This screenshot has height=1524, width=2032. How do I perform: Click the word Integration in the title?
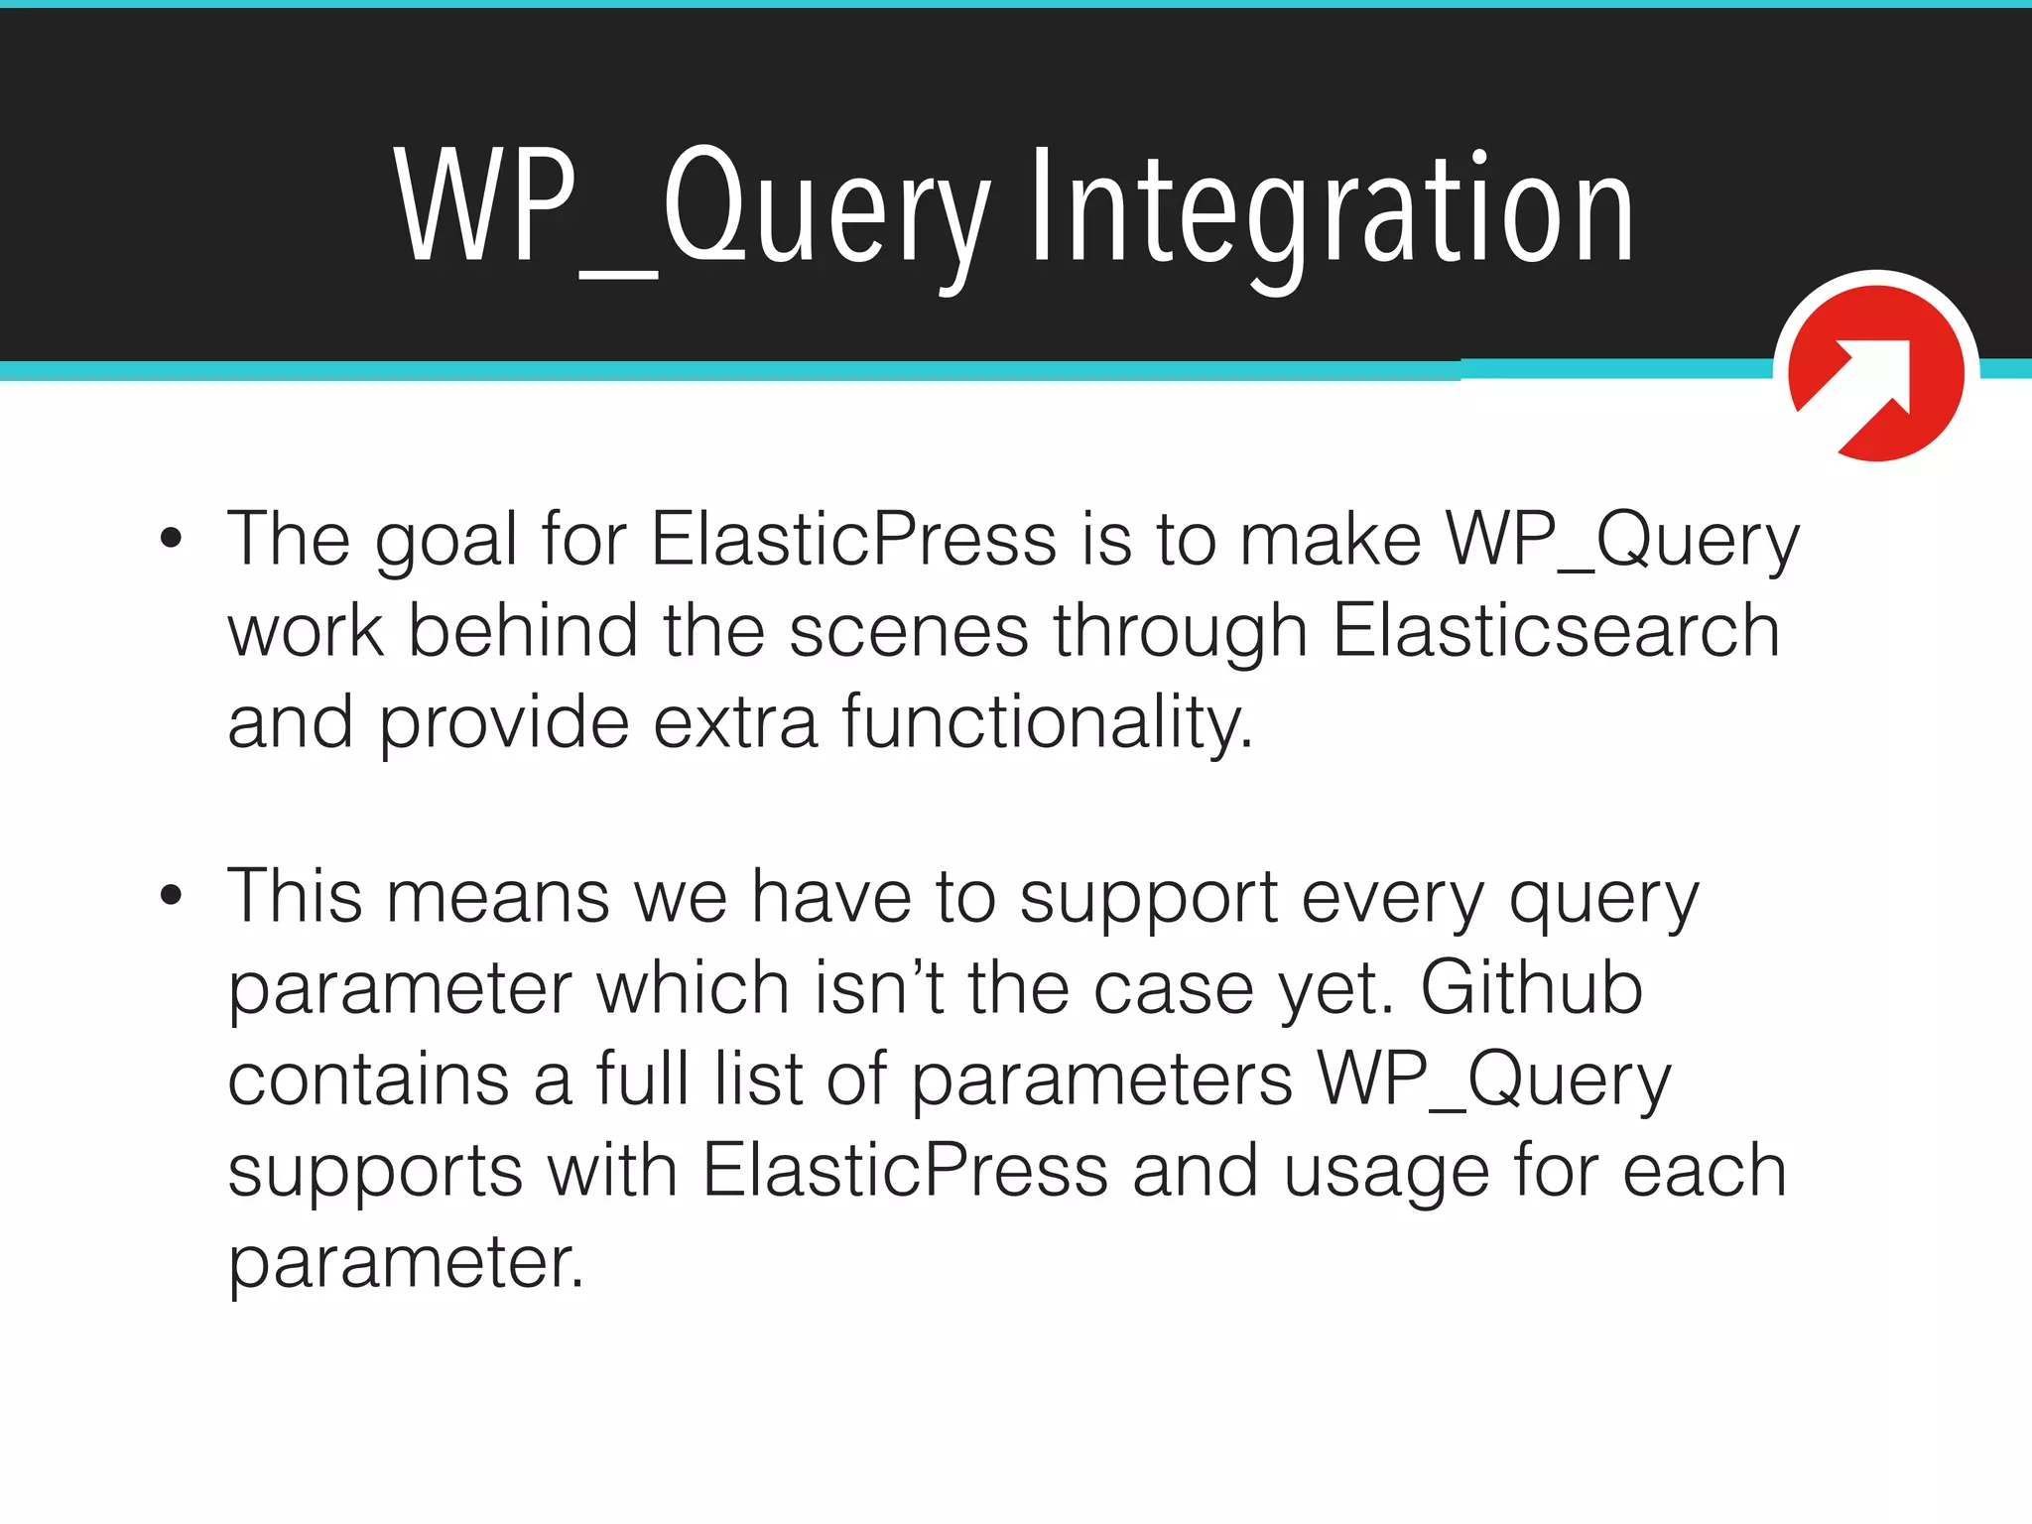(x=1332, y=208)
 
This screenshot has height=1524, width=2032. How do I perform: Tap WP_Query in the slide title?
(x=692, y=208)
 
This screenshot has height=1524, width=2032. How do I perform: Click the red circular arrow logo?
(x=1875, y=372)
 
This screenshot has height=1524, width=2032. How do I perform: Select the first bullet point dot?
(x=172, y=539)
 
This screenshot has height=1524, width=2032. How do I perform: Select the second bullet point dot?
(x=172, y=895)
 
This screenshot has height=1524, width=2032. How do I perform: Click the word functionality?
(x=1047, y=721)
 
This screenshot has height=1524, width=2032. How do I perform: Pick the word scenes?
(x=908, y=632)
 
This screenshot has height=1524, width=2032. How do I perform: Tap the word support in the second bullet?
(x=1148, y=898)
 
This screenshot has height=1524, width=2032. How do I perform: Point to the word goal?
(x=446, y=541)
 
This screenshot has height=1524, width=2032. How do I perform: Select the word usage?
(x=1386, y=1172)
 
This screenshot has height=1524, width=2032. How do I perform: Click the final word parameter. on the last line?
(x=406, y=1263)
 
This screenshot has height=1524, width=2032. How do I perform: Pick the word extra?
(x=735, y=721)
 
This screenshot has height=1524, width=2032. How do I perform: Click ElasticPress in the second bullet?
(x=905, y=1170)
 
